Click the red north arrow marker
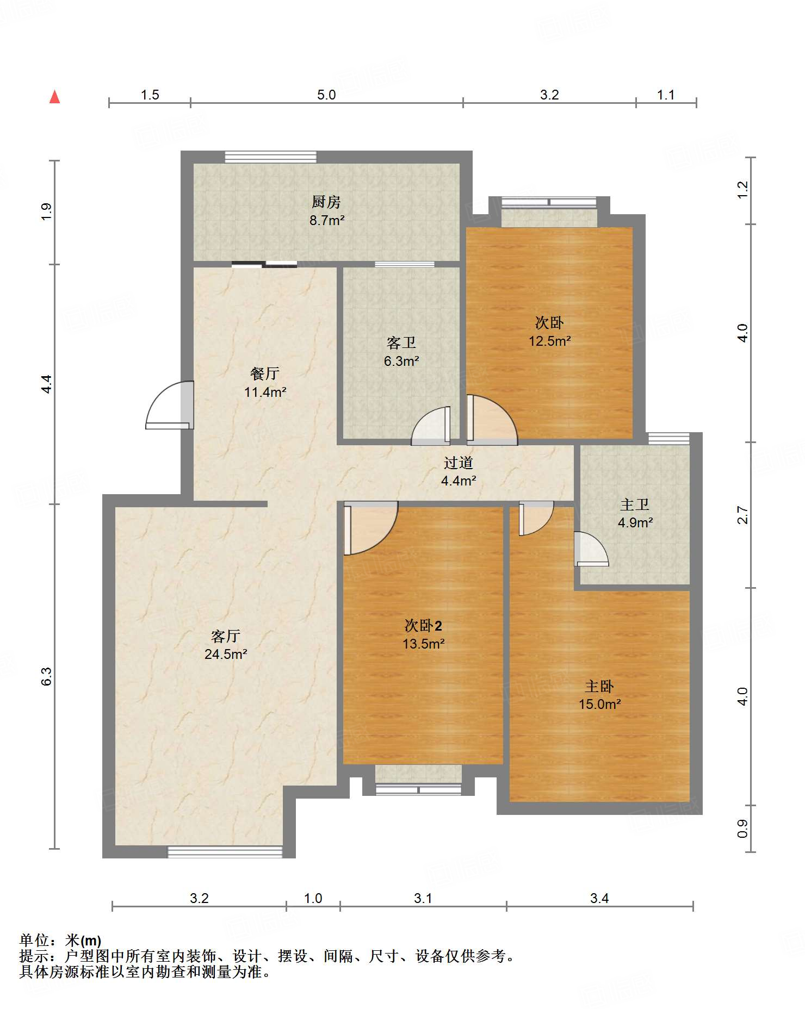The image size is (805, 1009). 54,97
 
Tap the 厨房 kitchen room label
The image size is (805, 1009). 326,202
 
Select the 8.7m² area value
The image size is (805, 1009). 327,220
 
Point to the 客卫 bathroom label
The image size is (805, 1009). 401,343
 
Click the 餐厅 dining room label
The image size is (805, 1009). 265,373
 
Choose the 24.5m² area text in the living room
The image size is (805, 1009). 226,654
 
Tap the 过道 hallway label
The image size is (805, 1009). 459,463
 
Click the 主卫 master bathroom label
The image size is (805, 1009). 635,505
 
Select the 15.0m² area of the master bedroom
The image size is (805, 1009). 600,704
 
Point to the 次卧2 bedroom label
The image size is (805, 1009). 423,626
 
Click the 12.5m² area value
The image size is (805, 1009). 550,341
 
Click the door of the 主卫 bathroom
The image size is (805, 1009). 591,549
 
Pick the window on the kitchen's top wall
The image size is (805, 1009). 271,157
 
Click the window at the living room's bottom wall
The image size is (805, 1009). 225,852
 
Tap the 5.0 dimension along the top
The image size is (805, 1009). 326,95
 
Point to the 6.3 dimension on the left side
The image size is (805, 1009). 47,676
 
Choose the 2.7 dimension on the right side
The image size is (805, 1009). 742,515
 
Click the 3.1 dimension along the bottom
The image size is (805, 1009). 423,898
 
